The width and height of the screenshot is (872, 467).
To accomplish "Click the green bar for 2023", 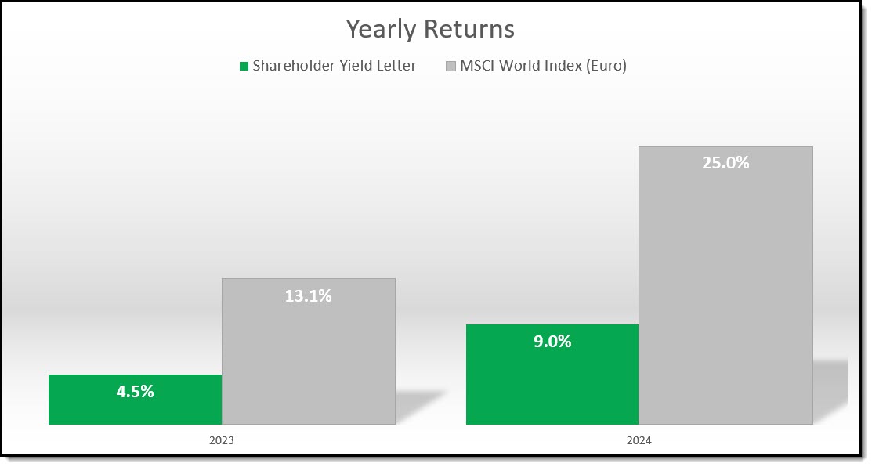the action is click(x=135, y=399).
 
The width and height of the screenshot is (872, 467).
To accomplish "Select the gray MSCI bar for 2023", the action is click(x=309, y=351).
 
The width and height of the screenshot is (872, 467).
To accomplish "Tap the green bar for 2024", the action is click(x=552, y=375).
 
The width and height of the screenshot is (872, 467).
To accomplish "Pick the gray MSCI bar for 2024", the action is click(x=725, y=285).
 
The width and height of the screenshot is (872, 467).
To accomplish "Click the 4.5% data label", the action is click(x=135, y=392).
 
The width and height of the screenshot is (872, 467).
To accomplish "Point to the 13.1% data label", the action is click(x=309, y=295).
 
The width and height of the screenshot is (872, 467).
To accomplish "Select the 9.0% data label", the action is click(x=552, y=342).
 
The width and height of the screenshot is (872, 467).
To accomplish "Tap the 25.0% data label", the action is click(x=725, y=162).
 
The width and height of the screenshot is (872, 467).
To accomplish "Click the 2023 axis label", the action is click(x=222, y=440).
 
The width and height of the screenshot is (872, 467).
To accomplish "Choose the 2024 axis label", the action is click(x=639, y=440).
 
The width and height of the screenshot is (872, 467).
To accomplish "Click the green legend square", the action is click(x=244, y=66).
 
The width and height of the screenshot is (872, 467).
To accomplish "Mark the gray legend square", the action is click(x=451, y=66).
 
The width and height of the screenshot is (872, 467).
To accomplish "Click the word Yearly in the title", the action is click(x=381, y=30).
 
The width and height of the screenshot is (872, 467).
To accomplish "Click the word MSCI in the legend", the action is click(x=477, y=66).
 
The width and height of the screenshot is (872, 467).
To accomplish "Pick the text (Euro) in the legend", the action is click(x=606, y=66).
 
